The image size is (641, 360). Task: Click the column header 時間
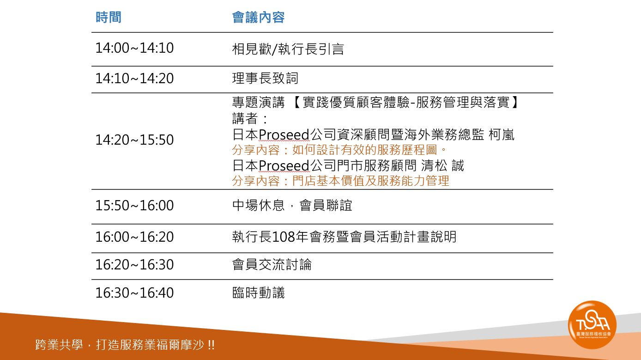109,18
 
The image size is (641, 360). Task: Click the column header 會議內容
258,18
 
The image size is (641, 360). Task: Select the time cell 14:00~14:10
134,48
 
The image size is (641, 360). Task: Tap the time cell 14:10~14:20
134,79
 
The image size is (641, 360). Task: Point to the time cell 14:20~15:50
134,140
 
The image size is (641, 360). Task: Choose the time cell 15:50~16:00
134,205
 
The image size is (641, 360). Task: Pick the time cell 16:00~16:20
134,237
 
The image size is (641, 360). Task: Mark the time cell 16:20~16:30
134,264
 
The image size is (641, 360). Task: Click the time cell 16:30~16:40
134,293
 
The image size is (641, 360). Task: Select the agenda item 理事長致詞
265,78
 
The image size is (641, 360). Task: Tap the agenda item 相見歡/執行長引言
288,49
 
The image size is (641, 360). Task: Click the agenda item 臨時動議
259,293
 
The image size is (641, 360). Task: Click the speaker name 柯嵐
502,134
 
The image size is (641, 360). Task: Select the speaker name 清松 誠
442,165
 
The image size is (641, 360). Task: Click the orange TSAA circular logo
592,325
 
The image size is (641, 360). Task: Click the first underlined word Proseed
284,135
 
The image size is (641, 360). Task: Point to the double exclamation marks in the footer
211,345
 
